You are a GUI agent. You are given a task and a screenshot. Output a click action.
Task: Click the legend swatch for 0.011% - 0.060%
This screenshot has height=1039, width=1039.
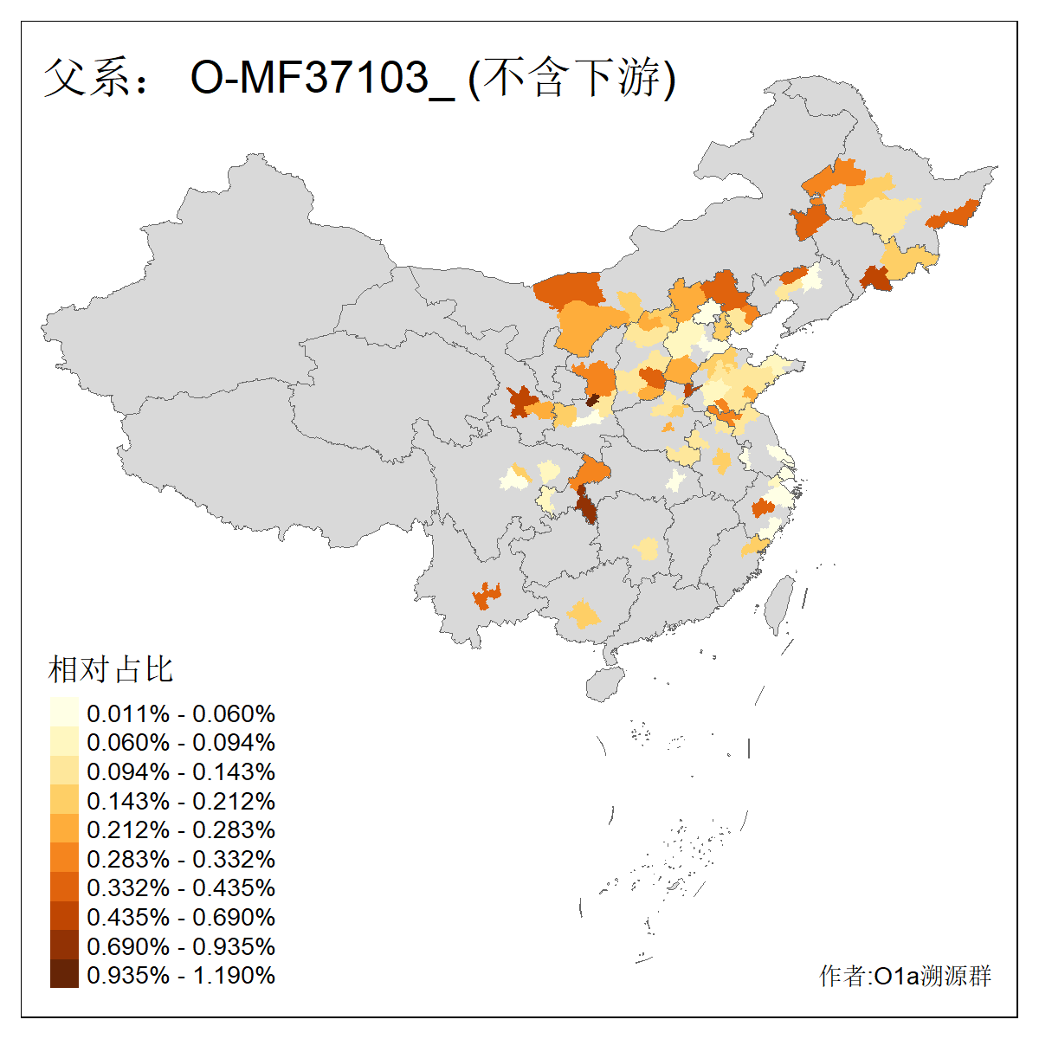pyautogui.click(x=64, y=713)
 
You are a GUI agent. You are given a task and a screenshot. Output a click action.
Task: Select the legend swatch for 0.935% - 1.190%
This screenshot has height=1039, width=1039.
pyautogui.click(x=64, y=974)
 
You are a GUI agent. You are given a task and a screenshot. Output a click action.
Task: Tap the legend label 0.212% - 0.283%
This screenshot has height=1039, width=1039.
pyautogui.click(x=181, y=829)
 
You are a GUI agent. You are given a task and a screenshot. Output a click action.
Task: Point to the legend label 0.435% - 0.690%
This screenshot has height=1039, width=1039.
pyautogui.click(x=181, y=917)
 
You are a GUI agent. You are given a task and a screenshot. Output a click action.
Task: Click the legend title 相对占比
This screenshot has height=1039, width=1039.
pyautogui.click(x=111, y=669)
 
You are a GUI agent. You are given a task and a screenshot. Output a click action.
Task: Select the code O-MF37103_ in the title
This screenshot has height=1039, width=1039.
pyautogui.click(x=322, y=78)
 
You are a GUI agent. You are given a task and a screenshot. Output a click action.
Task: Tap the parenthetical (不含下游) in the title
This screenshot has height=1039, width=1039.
pyautogui.click(x=571, y=78)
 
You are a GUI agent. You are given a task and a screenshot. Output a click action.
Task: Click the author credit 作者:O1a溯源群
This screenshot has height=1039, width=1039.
pyautogui.click(x=905, y=976)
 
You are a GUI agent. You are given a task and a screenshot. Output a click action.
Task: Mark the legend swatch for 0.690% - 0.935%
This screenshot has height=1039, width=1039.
pyautogui.click(x=64, y=945)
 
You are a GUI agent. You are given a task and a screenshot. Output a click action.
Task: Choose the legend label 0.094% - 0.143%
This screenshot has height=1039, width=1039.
pyautogui.click(x=181, y=771)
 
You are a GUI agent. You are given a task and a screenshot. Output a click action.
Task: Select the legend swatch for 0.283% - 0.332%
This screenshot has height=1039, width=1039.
pyautogui.click(x=64, y=858)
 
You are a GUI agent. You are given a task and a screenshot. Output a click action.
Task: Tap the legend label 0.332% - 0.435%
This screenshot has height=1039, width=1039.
pyautogui.click(x=181, y=887)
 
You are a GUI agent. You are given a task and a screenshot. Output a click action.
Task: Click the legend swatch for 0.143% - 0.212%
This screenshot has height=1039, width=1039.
pyautogui.click(x=64, y=800)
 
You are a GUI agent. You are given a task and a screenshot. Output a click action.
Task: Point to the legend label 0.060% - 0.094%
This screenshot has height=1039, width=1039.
pyautogui.click(x=181, y=742)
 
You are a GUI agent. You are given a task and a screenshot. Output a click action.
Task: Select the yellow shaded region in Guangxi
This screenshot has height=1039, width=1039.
pyautogui.click(x=584, y=616)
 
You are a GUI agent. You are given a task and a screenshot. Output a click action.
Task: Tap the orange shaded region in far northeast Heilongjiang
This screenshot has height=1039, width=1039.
pyautogui.click(x=955, y=215)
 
